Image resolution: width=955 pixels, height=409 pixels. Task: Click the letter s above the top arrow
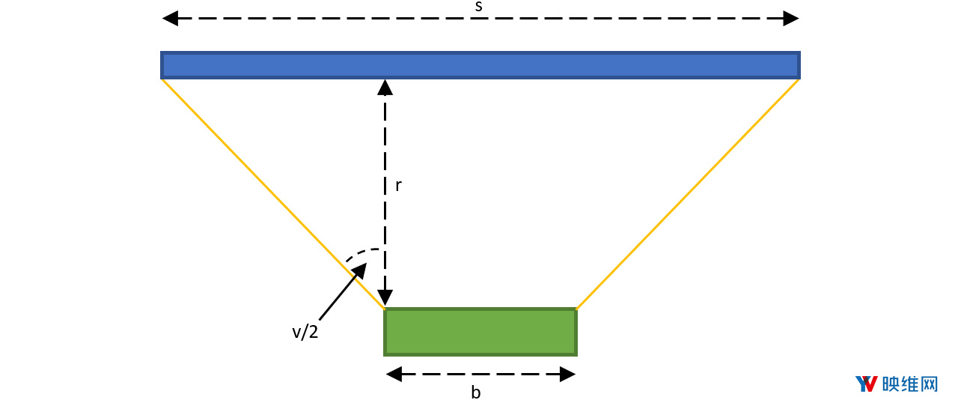click(479, 7)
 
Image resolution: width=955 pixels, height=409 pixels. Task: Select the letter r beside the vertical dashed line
click(398, 185)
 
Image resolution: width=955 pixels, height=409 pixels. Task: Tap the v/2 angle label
click(305, 332)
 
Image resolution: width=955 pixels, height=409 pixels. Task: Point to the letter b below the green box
click(476, 392)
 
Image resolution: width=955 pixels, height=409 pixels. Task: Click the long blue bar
click(480, 65)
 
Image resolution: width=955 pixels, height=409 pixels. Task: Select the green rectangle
click(480, 332)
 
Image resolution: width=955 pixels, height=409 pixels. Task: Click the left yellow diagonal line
click(273, 193)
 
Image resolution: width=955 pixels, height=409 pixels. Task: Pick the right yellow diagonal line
click(688, 193)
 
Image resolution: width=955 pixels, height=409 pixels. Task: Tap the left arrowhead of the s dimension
click(170, 19)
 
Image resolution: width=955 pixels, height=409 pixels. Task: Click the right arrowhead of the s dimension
click(791, 19)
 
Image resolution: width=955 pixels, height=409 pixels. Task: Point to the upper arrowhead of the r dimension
click(385, 88)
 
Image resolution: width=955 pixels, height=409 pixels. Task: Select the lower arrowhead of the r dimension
click(385, 297)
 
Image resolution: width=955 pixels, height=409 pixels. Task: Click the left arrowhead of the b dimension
click(394, 374)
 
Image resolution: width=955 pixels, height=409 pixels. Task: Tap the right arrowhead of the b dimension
click(567, 374)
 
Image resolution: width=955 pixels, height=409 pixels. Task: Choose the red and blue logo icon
click(867, 384)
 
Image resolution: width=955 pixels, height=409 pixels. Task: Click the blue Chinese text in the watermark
click(910, 384)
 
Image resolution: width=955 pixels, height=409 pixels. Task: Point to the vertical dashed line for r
click(385, 193)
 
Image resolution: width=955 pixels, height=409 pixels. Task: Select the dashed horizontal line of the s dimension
click(480, 19)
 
